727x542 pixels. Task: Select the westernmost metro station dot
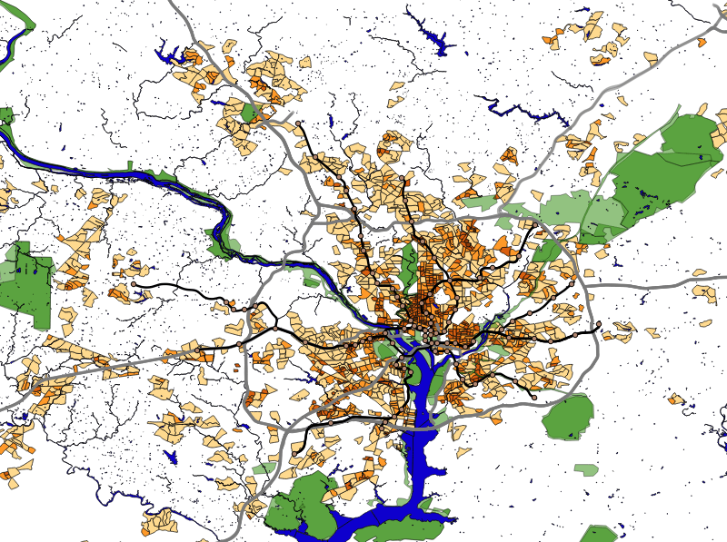[134, 284]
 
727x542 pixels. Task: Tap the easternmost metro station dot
[599, 324]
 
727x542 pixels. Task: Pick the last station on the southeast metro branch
[534, 397]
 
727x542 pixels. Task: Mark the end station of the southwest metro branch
[294, 452]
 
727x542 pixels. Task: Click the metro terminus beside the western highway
[197, 349]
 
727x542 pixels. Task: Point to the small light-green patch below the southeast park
[586, 469]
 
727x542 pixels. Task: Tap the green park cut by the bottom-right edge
[600, 534]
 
